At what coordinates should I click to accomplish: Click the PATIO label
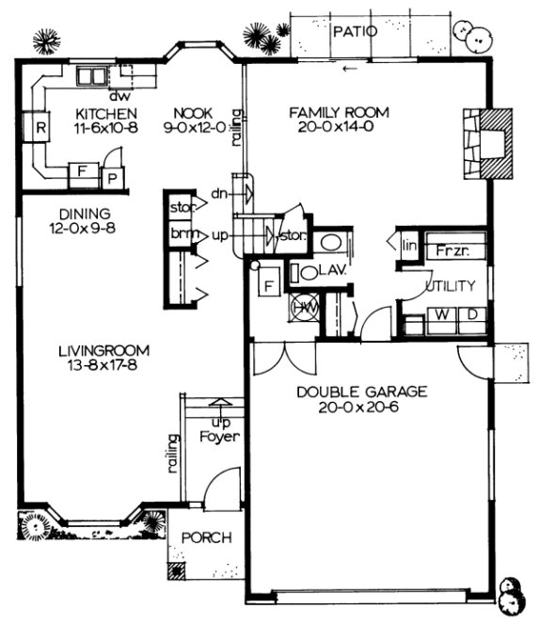357,31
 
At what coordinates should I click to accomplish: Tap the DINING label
84,213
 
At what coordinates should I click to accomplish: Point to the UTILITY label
450,286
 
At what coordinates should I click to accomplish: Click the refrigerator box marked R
42,127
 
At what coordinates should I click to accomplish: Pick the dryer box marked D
472,314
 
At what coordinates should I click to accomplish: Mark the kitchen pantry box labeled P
110,178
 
